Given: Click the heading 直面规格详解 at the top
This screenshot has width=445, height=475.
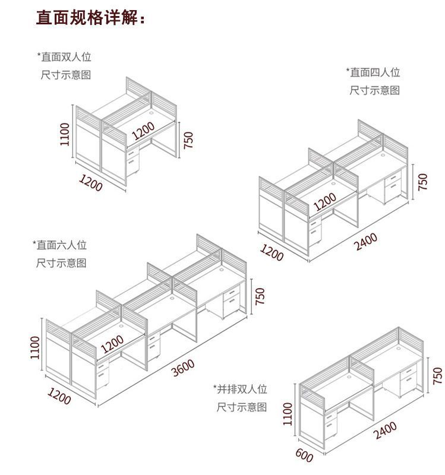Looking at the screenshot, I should (91, 18).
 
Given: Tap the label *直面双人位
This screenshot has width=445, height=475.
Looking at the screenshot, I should (65, 57).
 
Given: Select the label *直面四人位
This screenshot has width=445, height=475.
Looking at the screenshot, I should (373, 72).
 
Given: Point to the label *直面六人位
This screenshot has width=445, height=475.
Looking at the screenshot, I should (59, 245).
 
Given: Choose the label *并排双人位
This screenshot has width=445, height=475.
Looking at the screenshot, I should (240, 389).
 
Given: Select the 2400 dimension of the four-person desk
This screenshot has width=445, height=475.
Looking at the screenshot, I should (367, 242).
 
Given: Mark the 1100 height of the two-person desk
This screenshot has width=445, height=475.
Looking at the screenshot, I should (65, 134).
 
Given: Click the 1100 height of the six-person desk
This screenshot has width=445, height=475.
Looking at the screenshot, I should (35, 347).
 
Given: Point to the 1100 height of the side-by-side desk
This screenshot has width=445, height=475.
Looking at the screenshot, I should (288, 413).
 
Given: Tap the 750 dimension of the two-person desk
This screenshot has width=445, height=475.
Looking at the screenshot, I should (188, 140).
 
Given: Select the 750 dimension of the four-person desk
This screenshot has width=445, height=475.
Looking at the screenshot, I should (423, 182).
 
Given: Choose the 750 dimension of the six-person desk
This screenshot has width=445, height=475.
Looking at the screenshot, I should (260, 296).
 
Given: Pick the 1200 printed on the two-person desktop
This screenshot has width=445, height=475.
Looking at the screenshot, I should (143, 130).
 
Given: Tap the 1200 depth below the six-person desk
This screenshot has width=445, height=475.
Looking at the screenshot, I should (59, 397).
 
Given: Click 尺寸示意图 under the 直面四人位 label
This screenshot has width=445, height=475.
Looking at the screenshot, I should (374, 90).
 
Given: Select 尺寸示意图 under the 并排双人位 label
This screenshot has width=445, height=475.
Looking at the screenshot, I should (241, 407).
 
